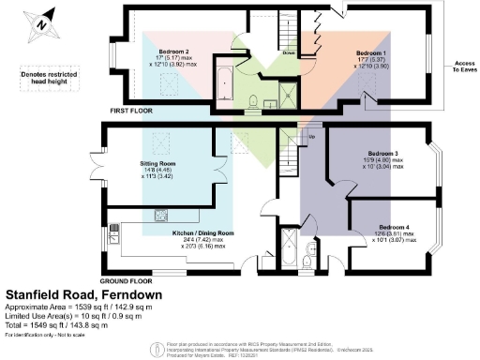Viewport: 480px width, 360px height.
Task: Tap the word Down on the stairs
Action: coord(290,53)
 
